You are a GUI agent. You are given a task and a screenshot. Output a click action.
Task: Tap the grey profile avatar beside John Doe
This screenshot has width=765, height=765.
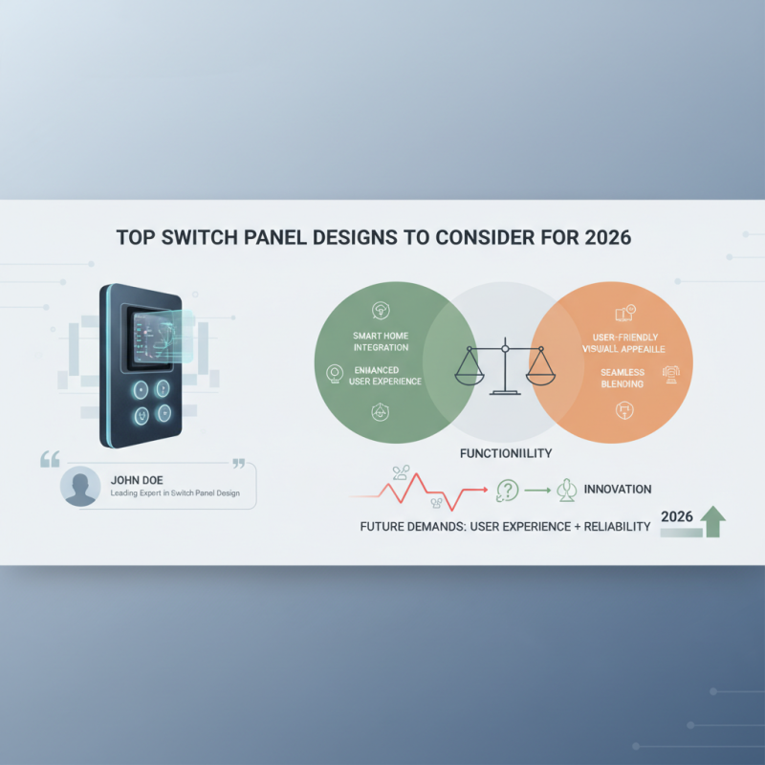tap(80, 486)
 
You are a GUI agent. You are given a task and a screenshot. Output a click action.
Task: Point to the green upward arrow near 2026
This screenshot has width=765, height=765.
tap(712, 521)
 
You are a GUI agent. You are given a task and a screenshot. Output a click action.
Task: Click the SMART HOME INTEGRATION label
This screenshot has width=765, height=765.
tap(381, 340)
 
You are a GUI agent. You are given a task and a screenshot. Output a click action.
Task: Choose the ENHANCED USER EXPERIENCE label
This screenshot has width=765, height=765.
tap(381, 375)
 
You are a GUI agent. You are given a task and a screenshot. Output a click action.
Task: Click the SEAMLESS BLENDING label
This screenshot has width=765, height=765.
tap(623, 377)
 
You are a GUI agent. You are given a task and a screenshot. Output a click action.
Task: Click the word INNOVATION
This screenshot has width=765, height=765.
tap(618, 489)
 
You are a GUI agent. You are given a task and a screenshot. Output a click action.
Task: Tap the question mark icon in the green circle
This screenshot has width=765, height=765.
tap(507, 492)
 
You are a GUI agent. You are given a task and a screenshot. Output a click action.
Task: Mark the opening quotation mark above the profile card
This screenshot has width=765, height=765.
tap(50, 460)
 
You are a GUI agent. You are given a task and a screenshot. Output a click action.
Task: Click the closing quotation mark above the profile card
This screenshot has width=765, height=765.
tap(239, 463)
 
